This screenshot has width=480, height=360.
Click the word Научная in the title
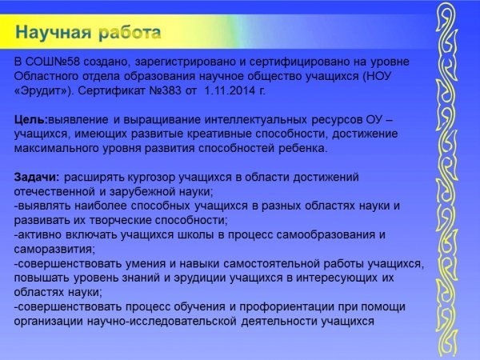point(54,32)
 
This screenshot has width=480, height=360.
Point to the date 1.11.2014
point(230,90)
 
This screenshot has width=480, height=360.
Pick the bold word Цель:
point(31,120)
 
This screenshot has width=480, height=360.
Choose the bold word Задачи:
point(37,178)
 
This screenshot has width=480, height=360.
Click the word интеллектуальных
point(256,120)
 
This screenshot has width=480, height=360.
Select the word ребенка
point(302,149)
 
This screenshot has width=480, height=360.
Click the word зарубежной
point(139,192)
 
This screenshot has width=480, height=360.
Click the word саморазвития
point(54,250)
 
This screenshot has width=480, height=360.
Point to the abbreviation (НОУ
point(377,76)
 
